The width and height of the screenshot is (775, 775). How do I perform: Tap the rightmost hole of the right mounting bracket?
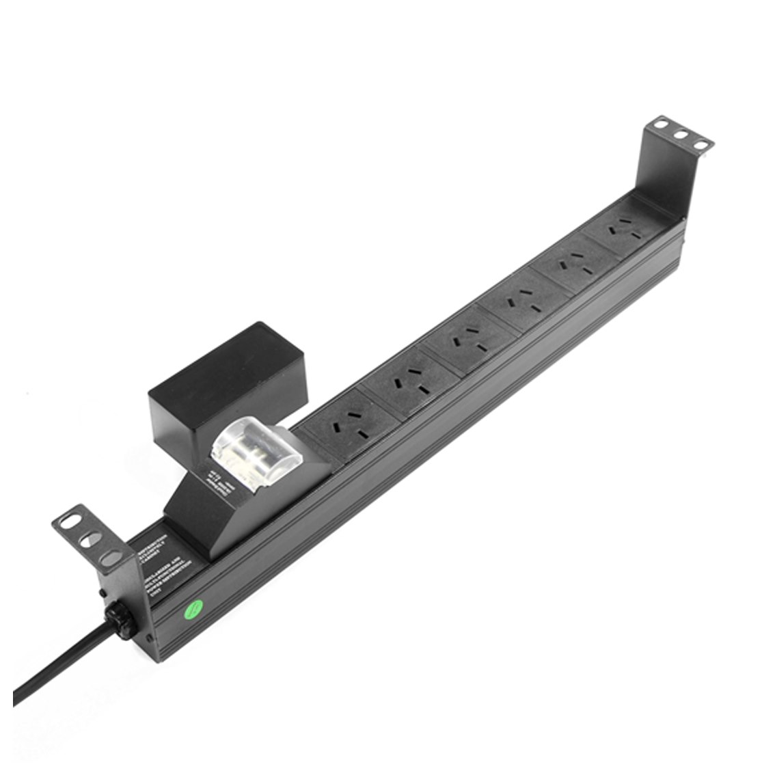pos(701,144)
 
